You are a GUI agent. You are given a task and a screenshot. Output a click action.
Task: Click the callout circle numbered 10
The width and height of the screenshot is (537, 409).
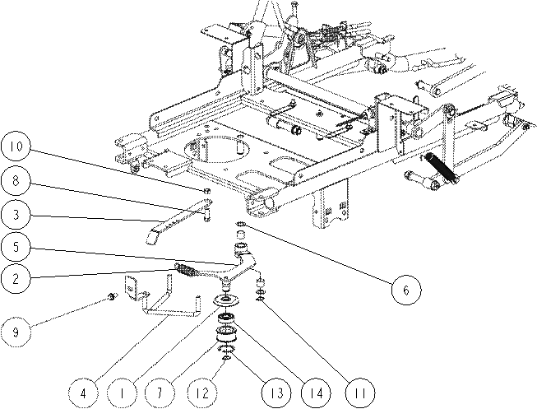tap(16, 146)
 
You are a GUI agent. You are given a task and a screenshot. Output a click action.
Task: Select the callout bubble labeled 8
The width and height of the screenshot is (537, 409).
tap(16, 181)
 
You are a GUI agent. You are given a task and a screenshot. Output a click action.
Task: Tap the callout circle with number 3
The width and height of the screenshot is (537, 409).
tap(16, 215)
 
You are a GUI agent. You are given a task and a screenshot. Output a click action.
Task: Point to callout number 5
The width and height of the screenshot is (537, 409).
tap(16, 247)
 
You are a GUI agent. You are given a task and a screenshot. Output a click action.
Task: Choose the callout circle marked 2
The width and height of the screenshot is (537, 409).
tap(16, 279)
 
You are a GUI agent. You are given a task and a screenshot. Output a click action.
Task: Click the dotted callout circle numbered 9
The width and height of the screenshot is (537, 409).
tap(16, 332)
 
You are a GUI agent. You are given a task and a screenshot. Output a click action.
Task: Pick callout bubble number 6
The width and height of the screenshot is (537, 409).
tap(405, 290)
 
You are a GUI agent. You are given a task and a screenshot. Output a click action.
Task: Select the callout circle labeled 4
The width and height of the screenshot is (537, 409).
tap(83, 393)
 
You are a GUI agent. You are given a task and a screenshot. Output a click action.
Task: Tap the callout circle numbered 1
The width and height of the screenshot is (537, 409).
tap(122, 393)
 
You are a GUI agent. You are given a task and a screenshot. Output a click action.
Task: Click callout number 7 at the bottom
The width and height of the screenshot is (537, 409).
tap(160, 393)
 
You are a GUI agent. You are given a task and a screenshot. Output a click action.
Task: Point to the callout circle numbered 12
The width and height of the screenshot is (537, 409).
tap(203, 393)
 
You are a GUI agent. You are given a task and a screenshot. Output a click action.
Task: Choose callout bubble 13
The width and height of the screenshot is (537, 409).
tap(276, 393)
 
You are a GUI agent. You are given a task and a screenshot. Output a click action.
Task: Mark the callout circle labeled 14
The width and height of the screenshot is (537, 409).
tap(317, 393)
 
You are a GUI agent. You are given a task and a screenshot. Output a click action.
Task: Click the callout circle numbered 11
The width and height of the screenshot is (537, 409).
tap(359, 393)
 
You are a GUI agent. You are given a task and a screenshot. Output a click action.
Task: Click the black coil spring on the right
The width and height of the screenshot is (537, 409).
tap(440, 168)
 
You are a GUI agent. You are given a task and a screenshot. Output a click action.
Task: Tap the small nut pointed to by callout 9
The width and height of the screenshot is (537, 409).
tap(111, 297)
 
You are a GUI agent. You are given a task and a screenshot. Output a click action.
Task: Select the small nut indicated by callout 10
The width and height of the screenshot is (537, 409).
tap(207, 191)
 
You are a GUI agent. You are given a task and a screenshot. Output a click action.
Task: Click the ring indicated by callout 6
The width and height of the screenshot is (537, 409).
tap(241, 224)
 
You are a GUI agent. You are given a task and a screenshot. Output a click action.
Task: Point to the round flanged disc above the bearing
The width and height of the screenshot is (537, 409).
tap(226, 300)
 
